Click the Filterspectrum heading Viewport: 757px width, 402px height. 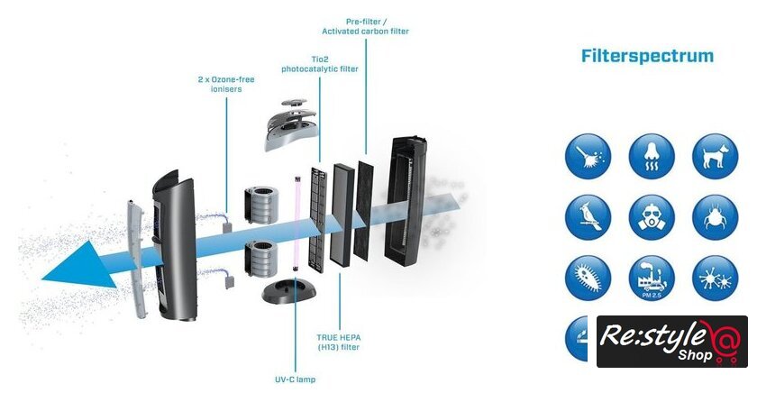coord(647,56)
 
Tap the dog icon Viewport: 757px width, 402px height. coord(715,156)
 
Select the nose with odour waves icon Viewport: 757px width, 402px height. coord(652,156)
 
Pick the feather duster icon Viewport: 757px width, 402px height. coord(588,156)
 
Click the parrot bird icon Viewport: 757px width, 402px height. coord(588,217)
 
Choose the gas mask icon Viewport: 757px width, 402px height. coord(652,217)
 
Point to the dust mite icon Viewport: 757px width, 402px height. coord(715,217)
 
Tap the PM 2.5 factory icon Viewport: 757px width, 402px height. coord(652,278)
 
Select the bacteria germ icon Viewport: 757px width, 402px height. coord(588,278)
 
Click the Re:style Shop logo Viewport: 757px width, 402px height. coord(671,341)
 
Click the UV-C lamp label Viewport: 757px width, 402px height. coord(296,379)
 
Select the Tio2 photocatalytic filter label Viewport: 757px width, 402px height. coord(319,63)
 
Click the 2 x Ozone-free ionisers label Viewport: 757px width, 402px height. coord(225,85)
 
